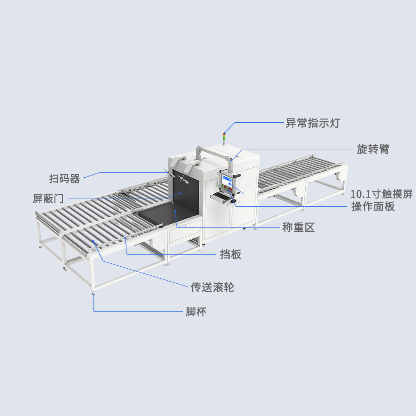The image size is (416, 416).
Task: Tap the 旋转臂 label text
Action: tap(373, 149)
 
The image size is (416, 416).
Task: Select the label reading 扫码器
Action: tap(64, 179)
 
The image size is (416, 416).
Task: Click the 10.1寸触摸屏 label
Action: tap(381, 194)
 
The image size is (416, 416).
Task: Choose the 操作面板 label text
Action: tap(373, 206)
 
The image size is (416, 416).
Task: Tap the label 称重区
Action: tap(298, 228)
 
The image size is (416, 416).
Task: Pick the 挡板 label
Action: tap(230, 255)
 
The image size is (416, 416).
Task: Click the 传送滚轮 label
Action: tap(212, 287)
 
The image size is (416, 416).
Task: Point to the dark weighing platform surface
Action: tap(166, 212)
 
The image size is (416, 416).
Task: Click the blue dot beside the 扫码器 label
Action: tap(84, 178)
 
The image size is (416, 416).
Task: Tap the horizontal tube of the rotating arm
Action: tap(214, 152)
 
